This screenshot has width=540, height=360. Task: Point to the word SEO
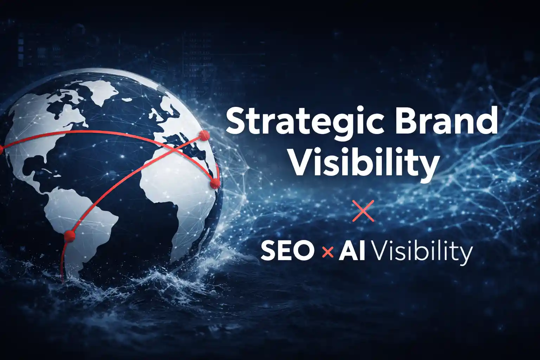pos(287,251)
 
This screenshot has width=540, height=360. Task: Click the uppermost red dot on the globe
pos(204,135)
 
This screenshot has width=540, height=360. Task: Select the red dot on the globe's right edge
pos(214,183)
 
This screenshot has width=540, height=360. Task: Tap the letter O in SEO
pos(303,251)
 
